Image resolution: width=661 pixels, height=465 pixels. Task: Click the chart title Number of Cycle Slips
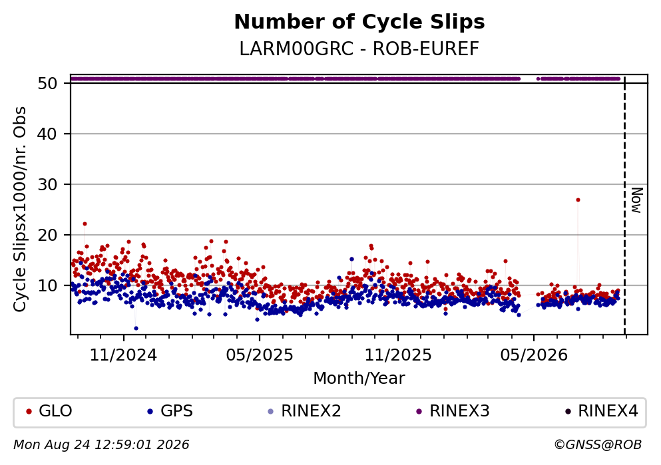tap(359, 22)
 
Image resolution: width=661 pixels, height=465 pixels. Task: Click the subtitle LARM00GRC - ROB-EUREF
tap(359, 49)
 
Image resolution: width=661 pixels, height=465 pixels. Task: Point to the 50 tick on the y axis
tap(48, 83)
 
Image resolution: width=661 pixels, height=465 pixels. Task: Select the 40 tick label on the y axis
tap(48, 134)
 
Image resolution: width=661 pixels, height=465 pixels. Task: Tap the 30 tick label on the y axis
tap(48, 184)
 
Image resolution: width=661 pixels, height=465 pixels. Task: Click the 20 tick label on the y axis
tap(48, 235)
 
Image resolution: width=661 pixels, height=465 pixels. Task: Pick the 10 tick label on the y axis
tap(48, 285)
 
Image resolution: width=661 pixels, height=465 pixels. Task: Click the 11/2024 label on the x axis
tap(124, 355)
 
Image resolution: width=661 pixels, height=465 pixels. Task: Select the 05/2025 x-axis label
tap(260, 355)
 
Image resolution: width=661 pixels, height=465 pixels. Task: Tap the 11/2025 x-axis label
tap(398, 355)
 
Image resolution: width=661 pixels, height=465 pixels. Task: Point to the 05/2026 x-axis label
tap(534, 355)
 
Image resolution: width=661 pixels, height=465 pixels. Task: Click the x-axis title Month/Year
tap(359, 379)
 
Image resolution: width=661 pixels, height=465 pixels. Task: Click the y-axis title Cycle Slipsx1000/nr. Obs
tap(20, 210)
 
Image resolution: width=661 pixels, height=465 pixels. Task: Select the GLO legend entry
tap(49, 410)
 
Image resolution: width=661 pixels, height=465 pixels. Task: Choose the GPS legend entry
tap(170, 410)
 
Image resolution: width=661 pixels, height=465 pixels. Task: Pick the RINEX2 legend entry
tap(304, 410)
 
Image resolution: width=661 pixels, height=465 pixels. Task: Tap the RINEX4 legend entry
tap(602, 410)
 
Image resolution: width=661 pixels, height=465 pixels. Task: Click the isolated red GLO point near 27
tap(578, 200)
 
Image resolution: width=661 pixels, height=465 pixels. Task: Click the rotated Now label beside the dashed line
tap(637, 200)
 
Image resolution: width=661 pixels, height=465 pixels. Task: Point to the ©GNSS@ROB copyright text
tap(598, 445)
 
